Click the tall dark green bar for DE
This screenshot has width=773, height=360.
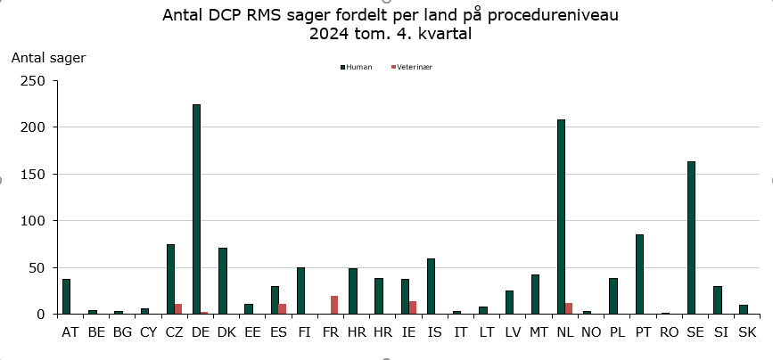pos(196,209)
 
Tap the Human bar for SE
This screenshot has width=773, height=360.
pos(691,237)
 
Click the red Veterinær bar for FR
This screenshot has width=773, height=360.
pos(334,305)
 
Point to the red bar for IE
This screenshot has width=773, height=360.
pos(413,307)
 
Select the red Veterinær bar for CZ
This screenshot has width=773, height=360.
pos(178,308)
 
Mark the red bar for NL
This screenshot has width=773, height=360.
pos(569,308)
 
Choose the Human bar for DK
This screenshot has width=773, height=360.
pos(223,281)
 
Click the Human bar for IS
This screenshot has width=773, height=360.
pos(431,286)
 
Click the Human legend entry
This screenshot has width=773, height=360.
pos(356,67)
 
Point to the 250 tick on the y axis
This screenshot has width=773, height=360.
pos(33,80)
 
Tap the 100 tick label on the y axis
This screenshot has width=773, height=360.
pos(33,220)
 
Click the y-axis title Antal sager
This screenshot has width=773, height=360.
pos(48,58)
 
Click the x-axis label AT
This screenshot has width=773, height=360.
pos(70,332)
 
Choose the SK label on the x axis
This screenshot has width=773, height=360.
pos(747,332)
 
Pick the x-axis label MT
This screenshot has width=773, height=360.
pos(539,332)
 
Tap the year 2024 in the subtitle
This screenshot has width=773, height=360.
pos(330,35)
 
